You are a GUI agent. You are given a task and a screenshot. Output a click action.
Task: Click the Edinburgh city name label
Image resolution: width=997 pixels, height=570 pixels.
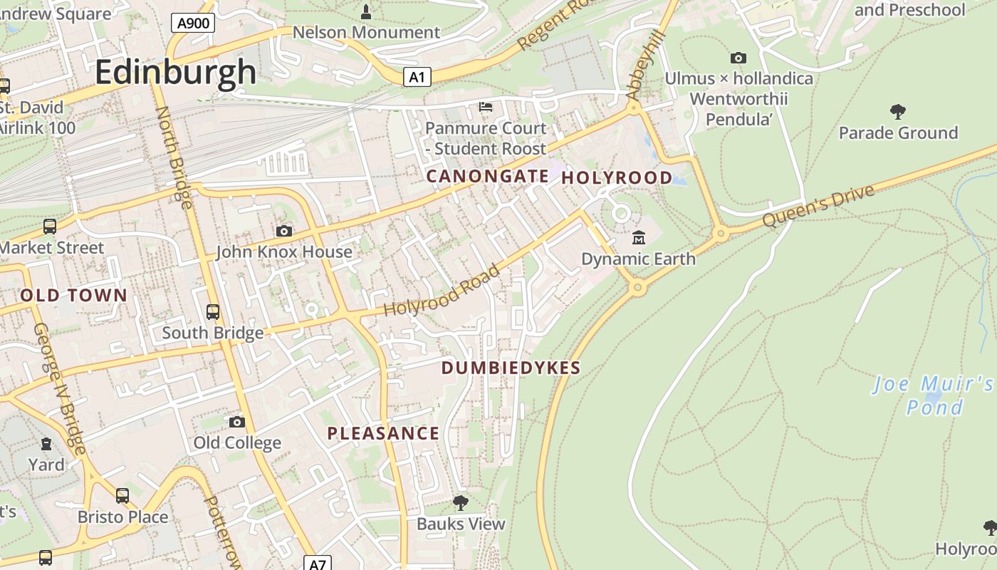175,72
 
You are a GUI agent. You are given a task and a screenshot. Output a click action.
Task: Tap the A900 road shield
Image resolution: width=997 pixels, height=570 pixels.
193,24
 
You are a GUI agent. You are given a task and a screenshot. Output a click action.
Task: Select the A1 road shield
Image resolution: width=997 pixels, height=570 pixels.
417,77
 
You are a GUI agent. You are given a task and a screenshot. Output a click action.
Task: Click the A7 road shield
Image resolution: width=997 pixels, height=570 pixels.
318,564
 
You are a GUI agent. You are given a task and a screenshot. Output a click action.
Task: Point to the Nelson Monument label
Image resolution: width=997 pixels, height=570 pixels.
366,32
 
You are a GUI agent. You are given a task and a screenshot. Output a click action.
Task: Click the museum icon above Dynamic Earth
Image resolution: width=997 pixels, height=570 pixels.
638,237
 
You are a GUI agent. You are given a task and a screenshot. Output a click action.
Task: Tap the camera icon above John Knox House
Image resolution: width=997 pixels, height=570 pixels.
283,231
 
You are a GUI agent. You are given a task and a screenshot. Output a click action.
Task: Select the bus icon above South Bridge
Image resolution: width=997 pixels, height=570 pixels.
212,312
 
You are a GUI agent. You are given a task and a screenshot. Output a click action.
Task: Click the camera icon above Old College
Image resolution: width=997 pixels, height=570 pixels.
236,422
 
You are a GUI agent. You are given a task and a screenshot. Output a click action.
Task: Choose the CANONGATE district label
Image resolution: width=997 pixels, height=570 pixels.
487,176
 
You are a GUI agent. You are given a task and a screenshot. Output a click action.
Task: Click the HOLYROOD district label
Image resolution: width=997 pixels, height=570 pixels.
617,177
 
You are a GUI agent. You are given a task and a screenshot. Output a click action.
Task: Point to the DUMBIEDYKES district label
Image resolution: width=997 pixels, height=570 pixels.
511,368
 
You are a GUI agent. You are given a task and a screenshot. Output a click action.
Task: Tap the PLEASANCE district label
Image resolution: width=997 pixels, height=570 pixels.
383,433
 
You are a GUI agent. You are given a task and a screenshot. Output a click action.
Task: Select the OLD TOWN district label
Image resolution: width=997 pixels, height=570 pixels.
73,295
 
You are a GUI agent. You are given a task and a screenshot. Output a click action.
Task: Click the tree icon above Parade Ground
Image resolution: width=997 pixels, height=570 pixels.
897,111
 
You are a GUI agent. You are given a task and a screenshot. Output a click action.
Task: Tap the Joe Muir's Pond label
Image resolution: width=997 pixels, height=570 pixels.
934,396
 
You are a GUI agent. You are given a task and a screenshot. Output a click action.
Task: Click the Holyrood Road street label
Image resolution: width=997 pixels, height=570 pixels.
442,291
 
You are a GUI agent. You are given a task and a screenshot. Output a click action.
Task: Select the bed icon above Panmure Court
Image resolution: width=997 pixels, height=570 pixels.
486,107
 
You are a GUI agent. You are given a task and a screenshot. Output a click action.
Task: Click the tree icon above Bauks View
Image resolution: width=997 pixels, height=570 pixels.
461,502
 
